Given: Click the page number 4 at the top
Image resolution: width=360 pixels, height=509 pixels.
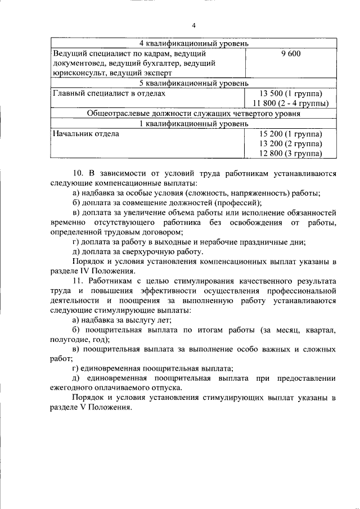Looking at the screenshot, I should coord(193,25).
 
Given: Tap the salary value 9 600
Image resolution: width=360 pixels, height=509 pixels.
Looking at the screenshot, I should coord(291,53).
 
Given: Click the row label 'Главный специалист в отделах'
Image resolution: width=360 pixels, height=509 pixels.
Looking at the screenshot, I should coord(109,93).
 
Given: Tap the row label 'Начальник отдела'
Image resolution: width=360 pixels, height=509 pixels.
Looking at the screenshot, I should coord(85,134).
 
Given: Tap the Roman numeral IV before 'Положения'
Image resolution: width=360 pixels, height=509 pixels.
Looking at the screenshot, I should coord(89,271).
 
